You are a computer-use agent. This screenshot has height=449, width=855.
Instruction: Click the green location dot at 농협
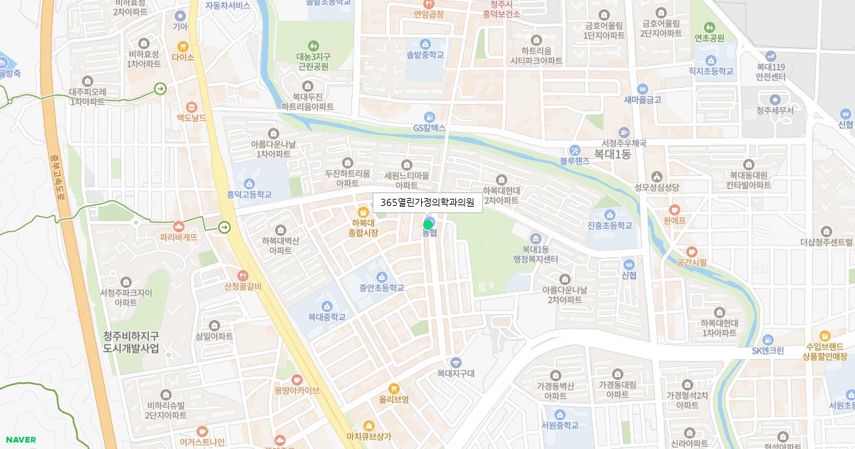pyautogui.click(x=427, y=224)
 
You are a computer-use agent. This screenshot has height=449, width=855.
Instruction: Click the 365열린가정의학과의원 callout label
pyautogui.click(x=427, y=202)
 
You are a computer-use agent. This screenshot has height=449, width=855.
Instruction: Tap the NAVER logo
pyautogui.click(x=19, y=440)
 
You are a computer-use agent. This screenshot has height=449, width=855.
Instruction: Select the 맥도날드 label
pyautogui.click(x=192, y=117)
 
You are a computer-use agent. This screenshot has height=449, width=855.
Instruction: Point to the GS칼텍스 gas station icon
pyautogui.click(x=429, y=116)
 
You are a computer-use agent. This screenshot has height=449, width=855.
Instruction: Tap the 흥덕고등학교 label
pyautogui.click(x=249, y=194)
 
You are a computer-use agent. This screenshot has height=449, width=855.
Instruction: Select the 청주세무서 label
pyautogui.click(x=774, y=110)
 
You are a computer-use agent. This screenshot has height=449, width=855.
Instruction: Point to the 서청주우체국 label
pyautogui.click(x=623, y=143)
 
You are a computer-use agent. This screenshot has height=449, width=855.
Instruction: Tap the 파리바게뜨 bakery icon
pyautogui.click(x=178, y=224)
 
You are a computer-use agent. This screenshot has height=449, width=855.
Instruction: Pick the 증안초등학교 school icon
pyautogui.click(x=381, y=277)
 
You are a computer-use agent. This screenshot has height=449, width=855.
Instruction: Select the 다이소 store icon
pyautogui.click(x=183, y=46)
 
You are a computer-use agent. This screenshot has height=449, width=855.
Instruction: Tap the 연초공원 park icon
pyautogui.click(x=709, y=26)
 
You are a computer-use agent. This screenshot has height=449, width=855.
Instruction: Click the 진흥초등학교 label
pyautogui.click(x=610, y=225)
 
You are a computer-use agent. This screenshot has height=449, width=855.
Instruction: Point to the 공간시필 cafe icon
pyautogui.click(x=691, y=251)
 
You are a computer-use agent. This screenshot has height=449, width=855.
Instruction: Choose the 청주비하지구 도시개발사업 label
pyautogui.click(x=131, y=342)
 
